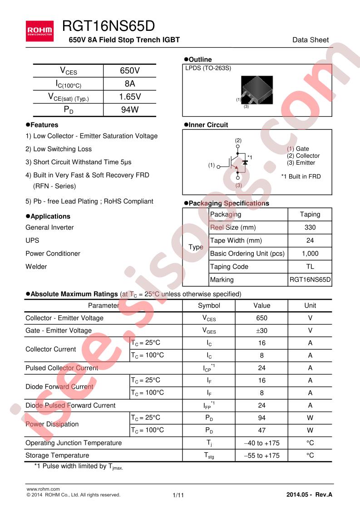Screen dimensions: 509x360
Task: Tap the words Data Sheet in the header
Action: click(311, 40)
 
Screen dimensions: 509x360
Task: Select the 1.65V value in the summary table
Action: click(130, 97)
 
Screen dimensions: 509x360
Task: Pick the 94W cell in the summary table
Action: click(130, 109)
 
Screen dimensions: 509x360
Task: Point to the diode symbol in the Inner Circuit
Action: click(245, 161)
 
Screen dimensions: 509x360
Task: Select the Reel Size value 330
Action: click(310, 227)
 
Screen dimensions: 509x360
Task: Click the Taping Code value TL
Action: click(310, 267)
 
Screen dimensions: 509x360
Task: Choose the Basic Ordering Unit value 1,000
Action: click(310, 254)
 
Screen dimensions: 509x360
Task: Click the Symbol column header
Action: click(209, 305)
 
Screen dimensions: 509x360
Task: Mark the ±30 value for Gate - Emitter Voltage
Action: click(261, 331)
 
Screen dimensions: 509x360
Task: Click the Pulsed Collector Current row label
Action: click(62, 368)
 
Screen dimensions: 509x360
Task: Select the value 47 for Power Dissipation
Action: click(261, 430)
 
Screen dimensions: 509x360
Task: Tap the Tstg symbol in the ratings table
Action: click(209, 455)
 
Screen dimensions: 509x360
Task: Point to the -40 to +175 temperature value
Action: click(261, 443)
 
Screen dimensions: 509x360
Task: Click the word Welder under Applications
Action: click(36, 267)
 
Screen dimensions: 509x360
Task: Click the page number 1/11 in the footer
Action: click(178, 495)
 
